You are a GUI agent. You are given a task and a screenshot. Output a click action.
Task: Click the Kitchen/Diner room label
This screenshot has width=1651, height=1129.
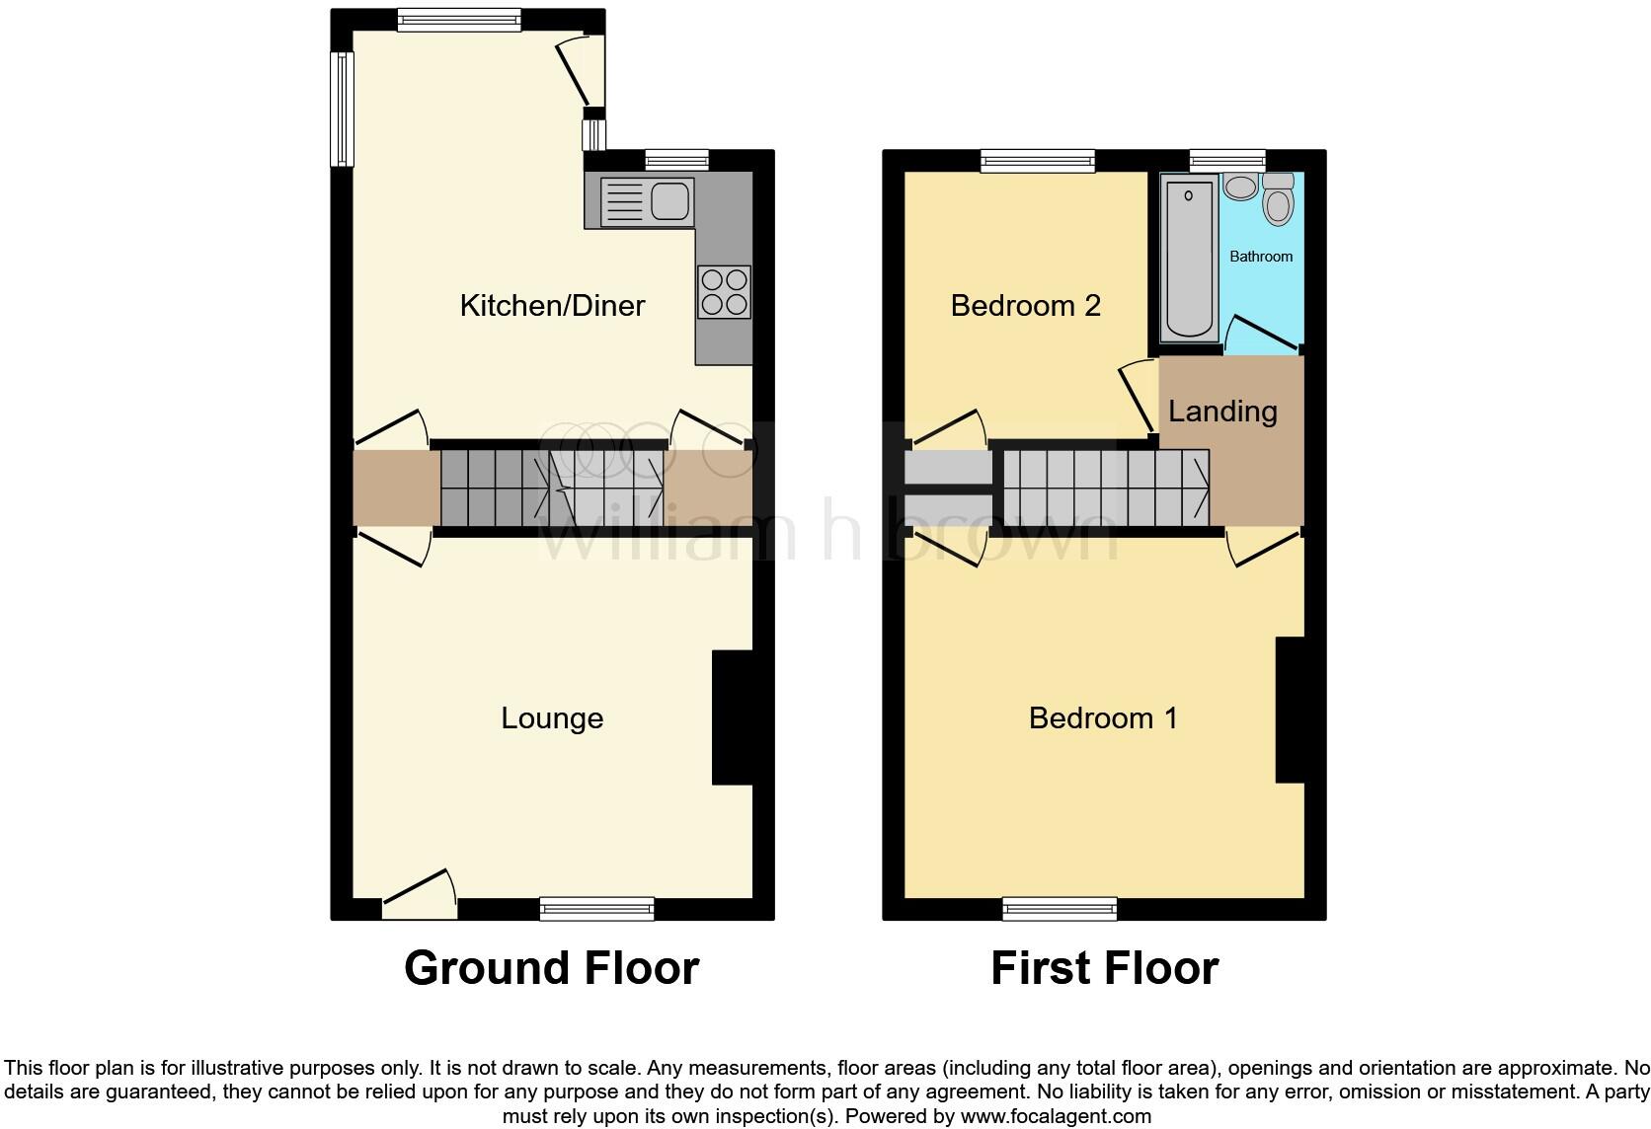point(552,306)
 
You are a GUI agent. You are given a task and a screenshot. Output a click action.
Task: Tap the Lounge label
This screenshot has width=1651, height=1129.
point(552,718)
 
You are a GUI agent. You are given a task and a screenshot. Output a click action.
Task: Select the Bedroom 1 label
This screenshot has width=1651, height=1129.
point(1103,718)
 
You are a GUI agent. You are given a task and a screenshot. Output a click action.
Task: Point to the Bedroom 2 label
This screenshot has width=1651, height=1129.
point(1025,306)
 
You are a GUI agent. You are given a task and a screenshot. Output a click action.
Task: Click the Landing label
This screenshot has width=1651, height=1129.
point(1222,412)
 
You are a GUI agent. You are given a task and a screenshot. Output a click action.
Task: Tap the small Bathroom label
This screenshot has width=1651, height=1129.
point(1261,257)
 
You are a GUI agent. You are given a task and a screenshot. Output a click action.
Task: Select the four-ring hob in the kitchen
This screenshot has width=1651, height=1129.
point(725,292)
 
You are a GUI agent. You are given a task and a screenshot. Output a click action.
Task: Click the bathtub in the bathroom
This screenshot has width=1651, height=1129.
point(1189,258)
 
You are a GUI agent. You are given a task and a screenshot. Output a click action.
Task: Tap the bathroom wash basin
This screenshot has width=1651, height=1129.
point(1238,186)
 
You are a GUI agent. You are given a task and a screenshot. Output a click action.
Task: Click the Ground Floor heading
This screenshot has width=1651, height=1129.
point(551,968)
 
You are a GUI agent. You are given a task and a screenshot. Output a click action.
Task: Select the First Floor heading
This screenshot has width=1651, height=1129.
point(1104,968)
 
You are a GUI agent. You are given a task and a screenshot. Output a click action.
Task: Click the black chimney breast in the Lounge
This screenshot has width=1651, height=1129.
point(732,717)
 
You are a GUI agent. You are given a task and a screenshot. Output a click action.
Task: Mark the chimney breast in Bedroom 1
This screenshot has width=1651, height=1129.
point(1290,710)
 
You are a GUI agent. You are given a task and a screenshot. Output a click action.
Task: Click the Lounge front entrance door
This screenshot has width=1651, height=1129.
point(419,893)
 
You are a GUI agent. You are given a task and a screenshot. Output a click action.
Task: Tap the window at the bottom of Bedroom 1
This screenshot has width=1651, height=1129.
point(1060,908)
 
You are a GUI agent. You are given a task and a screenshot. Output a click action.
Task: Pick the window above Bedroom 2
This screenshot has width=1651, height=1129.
point(1038,161)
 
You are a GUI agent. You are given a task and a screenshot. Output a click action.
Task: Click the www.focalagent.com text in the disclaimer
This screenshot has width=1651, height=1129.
point(1056,1117)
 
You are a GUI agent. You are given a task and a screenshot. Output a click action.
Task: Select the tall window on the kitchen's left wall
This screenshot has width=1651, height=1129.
point(342,109)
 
